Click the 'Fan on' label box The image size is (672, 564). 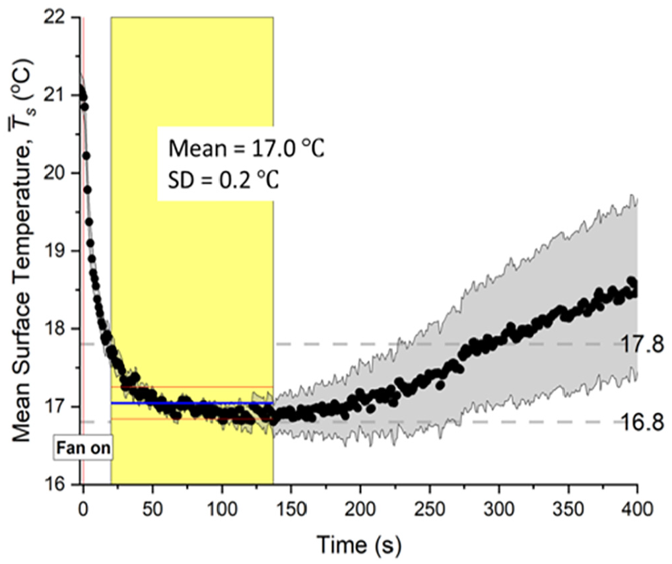click(x=83, y=448)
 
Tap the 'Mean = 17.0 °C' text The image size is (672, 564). click(x=246, y=149)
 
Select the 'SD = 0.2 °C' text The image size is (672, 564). click(x=223, y=179)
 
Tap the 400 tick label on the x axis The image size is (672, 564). click(x=637, y=509)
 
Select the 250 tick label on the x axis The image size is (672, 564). click(x=430, y=509)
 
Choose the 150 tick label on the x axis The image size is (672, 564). click(x=291, y=509)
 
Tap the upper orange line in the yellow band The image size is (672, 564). click(x=198, y=387)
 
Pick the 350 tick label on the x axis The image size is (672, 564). click(x=568, y=509)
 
